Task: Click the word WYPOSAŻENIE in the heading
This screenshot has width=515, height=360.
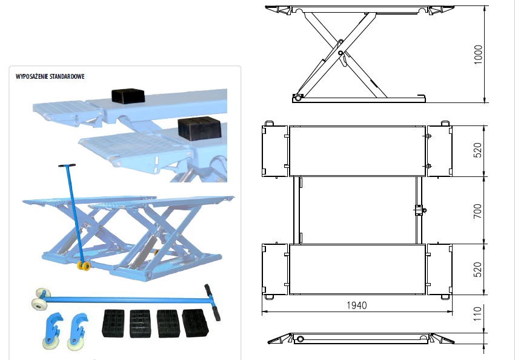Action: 33,76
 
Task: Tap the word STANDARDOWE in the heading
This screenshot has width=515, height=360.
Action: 67,76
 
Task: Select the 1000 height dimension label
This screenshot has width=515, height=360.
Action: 478,55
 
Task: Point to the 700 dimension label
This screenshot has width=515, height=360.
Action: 478,211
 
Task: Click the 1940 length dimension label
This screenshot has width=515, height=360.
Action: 357,305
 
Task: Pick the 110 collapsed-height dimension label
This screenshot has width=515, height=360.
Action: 478,314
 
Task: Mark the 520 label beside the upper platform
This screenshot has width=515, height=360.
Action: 478,150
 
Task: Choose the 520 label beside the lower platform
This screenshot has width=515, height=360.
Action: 478,269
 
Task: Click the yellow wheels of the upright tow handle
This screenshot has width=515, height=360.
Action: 84,266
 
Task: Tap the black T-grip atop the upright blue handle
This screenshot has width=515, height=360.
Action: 67,165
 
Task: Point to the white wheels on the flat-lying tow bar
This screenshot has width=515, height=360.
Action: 40,299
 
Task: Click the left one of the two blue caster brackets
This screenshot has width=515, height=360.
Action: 53,330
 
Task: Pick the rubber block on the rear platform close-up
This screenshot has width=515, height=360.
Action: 128,96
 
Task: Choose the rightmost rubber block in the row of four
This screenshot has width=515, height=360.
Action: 194,323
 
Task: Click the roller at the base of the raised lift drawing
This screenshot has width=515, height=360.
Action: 298,98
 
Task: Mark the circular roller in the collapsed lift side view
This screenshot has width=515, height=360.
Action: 300,339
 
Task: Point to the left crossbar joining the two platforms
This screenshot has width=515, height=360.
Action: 297,210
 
